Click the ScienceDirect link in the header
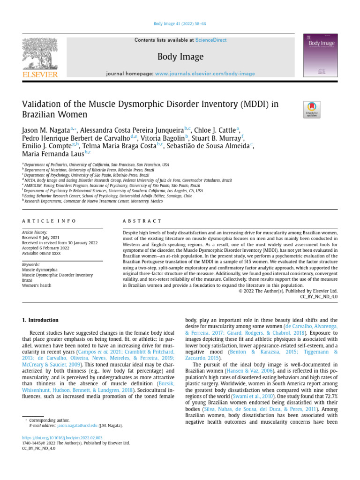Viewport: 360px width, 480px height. (210, 40)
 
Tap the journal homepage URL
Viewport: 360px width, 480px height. (205, 74)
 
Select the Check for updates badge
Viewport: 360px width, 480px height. (312, 109)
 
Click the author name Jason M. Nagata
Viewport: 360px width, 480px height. (45, 130)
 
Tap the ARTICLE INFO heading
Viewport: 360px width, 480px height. (49, 221)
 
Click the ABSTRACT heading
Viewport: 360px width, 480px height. (142, 221)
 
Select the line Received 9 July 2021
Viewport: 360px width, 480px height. (41, 238)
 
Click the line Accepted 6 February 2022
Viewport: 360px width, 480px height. (45, 248)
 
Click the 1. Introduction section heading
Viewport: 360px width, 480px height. (40, 320)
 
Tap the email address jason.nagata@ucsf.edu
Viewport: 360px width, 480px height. (77, 426)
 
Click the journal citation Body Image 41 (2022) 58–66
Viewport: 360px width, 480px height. (180, 24)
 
